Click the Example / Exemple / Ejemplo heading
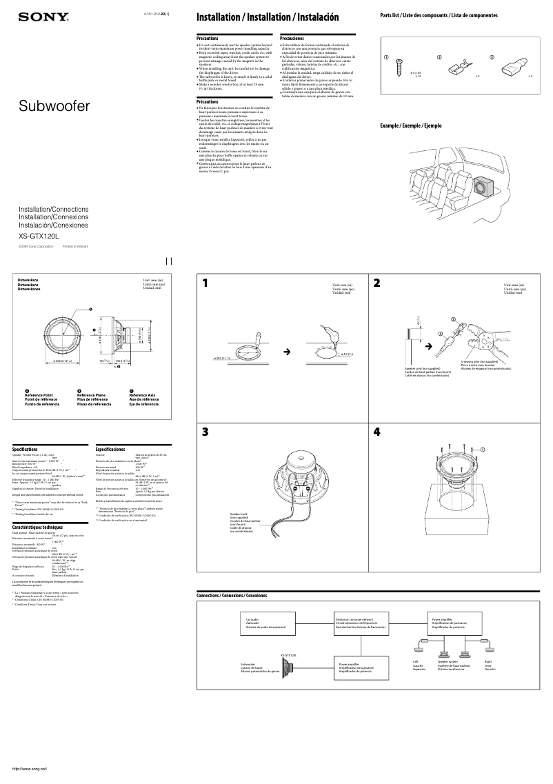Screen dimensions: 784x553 (x=410, y=125)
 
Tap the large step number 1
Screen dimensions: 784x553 (x=205, y=283)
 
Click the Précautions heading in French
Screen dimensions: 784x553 (x=208, y=101)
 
